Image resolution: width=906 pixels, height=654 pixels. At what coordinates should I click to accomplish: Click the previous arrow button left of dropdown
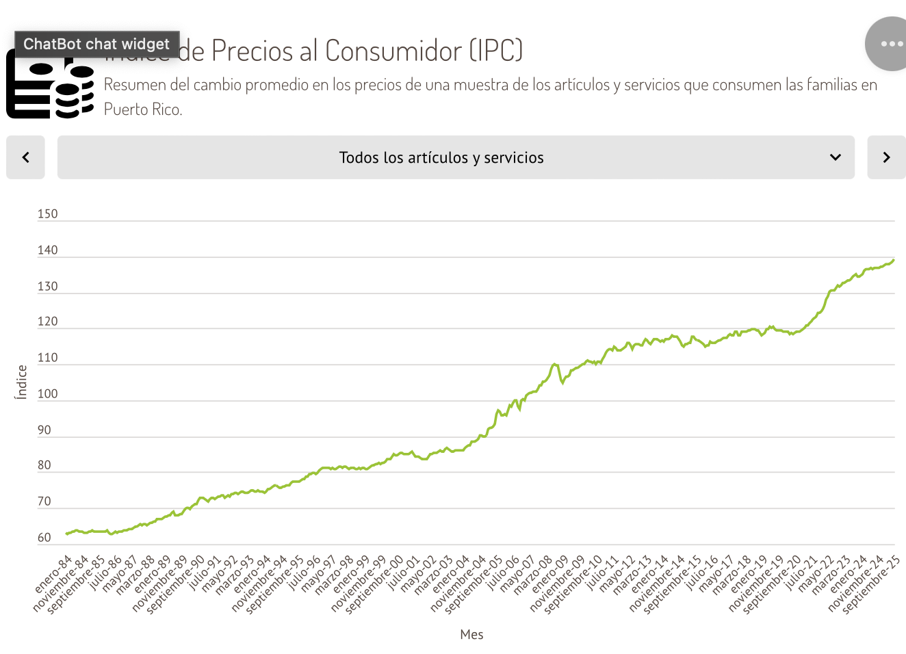click(x=25, y=157)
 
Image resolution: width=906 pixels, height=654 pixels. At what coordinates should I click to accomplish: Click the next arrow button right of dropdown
click(x=886, y=157)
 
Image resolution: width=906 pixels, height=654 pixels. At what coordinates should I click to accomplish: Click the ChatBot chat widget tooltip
click(x=96, y=44)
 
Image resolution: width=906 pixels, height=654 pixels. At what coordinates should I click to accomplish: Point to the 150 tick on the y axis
click(x=47, y=214)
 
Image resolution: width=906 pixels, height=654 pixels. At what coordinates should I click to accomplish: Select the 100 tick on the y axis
click(x=47, y=394)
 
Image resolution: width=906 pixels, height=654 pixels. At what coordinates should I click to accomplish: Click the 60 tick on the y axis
click(x=44, y=538)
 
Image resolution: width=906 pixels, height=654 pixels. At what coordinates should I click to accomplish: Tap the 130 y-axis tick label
click(x=47, y=287)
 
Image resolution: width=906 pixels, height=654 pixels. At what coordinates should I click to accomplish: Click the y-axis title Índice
click(x=22, y=382)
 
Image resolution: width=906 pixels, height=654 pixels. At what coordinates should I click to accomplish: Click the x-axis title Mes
click(x=471, y=635)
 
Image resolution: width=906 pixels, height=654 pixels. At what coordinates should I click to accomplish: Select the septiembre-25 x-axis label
click(x=871, y=585)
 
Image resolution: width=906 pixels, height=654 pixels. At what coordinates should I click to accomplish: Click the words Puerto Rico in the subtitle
click(x=142, y=109)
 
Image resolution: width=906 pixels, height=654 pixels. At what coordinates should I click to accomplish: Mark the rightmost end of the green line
click(x=894, y=260)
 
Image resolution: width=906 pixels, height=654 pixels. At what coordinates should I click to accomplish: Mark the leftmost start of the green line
click(x=66, y=534)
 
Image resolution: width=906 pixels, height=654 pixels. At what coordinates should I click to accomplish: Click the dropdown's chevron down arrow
click(x=836, y=157)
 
